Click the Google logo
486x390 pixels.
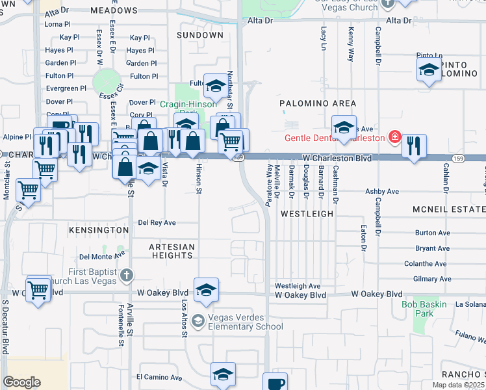pos(21,382)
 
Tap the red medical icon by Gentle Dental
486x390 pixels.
pos(394,137)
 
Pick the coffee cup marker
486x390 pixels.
pos(275,382)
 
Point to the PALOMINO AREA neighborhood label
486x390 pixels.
pos(318,103)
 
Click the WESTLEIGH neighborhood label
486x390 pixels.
pos(307,213)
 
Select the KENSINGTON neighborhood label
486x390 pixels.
pos(99,230)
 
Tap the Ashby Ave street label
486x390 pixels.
pos(382,192)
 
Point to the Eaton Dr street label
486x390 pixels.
pos(363,237)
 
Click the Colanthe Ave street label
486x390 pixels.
pos(425,264)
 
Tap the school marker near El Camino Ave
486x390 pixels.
pos(223,374)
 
